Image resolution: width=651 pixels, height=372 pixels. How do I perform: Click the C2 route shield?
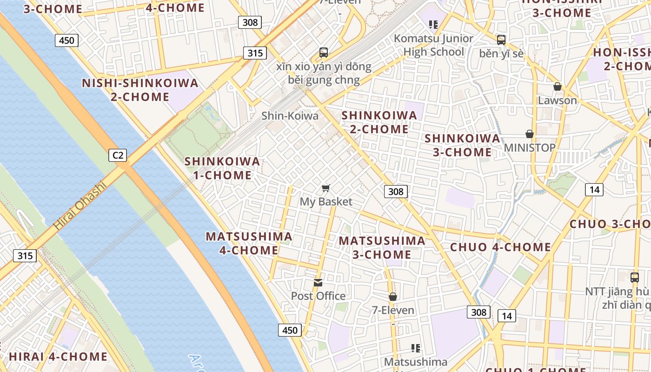tap(118, 155)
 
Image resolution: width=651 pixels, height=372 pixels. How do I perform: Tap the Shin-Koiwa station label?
tap(290, 116)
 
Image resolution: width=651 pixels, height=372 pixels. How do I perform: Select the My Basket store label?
tap(326, 202)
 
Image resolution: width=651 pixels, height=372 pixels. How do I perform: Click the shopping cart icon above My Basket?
tap(326, 188)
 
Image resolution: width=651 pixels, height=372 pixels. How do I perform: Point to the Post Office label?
tap(318, 296)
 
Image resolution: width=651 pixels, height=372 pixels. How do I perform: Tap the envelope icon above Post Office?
tap(318, 282)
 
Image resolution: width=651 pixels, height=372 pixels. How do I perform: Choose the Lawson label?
tap(557, 100)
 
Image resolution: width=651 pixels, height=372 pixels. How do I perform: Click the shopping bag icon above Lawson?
tap(557, 86)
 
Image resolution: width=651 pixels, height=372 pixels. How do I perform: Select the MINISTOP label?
tap(530, 148)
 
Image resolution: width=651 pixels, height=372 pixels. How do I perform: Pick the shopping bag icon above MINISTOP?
tap(529, 134)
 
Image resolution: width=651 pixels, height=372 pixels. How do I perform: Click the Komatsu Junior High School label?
tap(433, 45)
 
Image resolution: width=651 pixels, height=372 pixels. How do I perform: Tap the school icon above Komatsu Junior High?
tap(433, 24)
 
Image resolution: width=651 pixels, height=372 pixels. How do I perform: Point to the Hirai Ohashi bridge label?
tap(80, 205)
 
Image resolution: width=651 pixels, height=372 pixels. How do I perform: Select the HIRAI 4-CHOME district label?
tap(58, 357)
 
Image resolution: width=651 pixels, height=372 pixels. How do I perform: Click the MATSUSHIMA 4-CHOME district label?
tap(249, 243)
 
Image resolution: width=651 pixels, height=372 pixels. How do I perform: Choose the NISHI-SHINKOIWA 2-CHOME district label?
tap(140, 90)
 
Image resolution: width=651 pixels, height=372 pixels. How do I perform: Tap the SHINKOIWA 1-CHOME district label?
tap(222, 168)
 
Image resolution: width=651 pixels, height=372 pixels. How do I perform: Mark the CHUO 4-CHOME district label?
tap(500, 247)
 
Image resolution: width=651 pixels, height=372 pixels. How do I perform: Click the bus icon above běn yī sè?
tap(501, 40)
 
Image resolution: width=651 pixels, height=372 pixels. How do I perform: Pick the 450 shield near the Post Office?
tap(290, 330)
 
